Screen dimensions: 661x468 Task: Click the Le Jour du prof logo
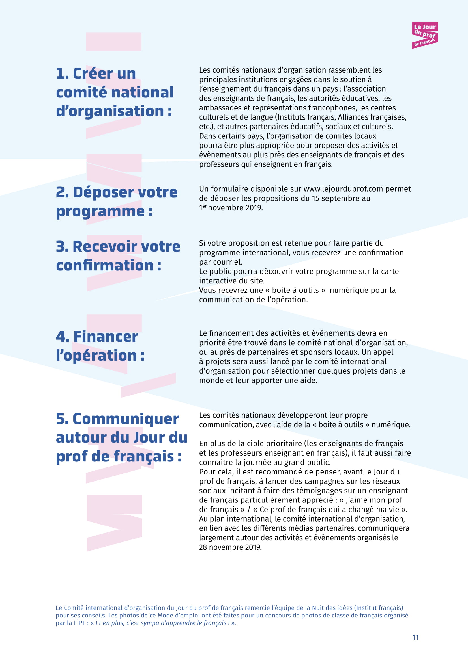(424, 35)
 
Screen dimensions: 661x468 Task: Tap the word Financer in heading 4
(106, 337)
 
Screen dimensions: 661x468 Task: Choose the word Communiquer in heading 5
(126, 419)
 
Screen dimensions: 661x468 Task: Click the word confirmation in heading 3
(104, 265)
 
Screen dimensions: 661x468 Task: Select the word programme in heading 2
(100, 212)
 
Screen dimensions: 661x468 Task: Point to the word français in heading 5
(143, 457)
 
